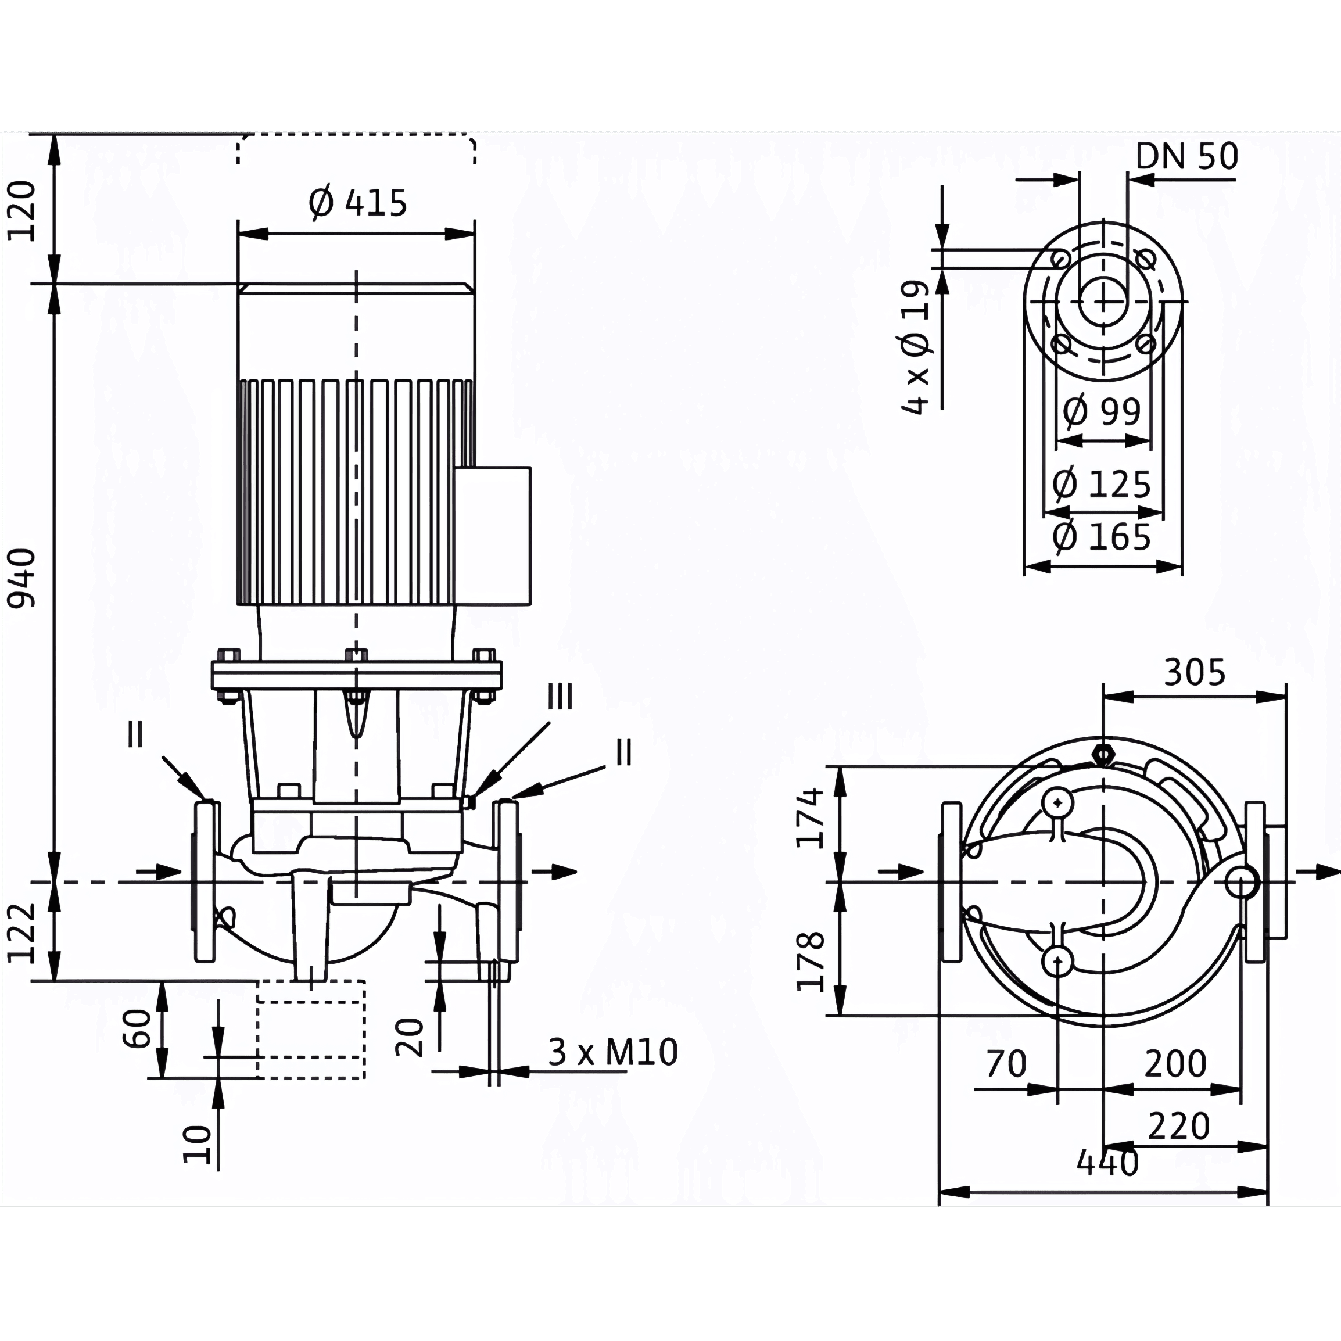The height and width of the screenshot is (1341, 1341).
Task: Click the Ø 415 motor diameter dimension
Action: (x=357, y=203)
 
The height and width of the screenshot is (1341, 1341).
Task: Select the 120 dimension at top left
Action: (x=21, y=211)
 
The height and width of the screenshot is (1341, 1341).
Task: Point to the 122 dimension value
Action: (x=21, y=934)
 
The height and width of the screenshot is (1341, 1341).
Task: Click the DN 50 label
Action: (x=1187, y=157)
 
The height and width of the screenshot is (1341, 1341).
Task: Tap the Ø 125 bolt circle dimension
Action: (x=1102, y=484)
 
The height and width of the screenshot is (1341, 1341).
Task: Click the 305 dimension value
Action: (x=1195, y=672)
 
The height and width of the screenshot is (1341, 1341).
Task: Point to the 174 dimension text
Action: (x=811, y=817)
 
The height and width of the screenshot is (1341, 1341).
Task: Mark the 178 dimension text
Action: (x=811, y=962)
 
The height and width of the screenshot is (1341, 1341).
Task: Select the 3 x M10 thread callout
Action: (x=613, y=1052)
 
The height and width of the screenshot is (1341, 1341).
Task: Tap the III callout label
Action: (x=560, y=696)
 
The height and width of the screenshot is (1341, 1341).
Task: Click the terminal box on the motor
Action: (x=493, y=536)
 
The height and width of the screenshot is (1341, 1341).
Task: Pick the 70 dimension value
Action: (x=1006, y=1063)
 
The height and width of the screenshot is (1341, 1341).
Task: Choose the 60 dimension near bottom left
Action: (x=137, y=1028)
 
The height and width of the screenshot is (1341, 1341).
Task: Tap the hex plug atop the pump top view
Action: (x=1102, y=753)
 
